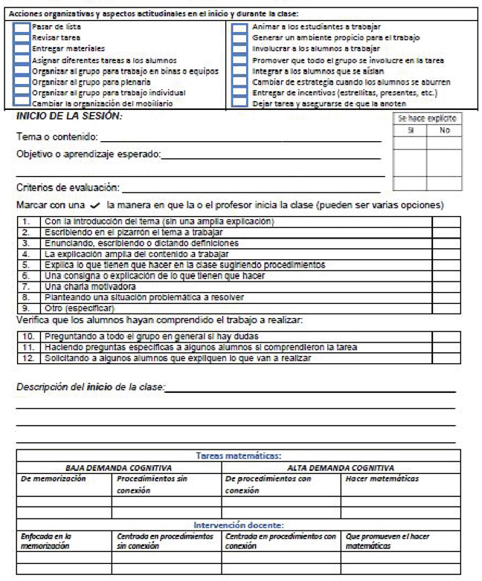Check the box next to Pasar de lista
click(x=21, y=26)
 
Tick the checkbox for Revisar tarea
click(x=21, y=36)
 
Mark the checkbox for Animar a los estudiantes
click(x=239, y=26)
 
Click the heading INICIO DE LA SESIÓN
click(x=69, y=117)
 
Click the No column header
click(x=445, y=129)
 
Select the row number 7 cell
click(x=27, y=286)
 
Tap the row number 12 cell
click(x=27, y=358)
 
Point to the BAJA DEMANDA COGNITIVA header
click(x=119, y=468)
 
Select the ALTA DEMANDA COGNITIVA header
click(x=341, y=468)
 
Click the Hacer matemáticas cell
click(x=382, y=479)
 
